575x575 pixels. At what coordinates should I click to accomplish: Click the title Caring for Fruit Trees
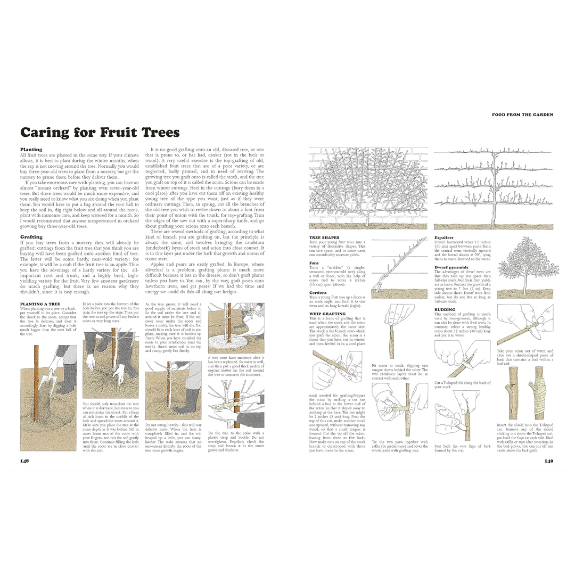(100, 133)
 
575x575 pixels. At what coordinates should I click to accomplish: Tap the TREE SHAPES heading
(324, 237)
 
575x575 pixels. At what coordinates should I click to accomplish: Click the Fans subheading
(314, 262)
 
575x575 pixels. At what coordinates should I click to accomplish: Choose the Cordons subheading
(318, 292)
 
